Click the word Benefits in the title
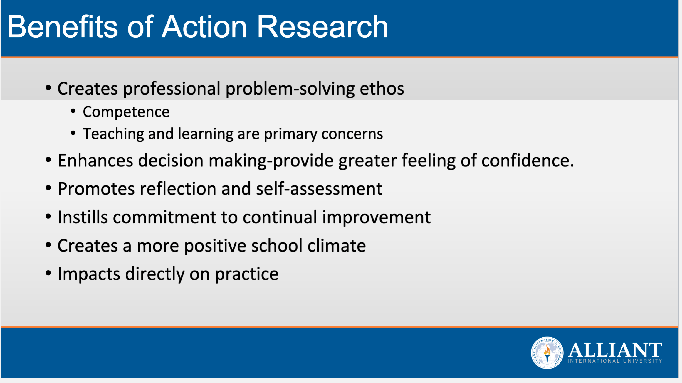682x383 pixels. point(62,27)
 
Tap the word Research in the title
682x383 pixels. point(322,27)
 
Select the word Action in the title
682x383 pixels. point(204,27)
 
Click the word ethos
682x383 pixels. point(382,88)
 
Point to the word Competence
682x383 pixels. point(126,112)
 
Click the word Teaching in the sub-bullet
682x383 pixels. point(113,134)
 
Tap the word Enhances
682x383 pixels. point(95,161)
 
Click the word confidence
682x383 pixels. point(527,161)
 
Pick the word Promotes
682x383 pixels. point(96,189)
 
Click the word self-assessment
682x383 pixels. point(319,189)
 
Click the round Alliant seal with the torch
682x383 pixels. point(547,352)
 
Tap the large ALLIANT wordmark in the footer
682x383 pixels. point(615,350)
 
